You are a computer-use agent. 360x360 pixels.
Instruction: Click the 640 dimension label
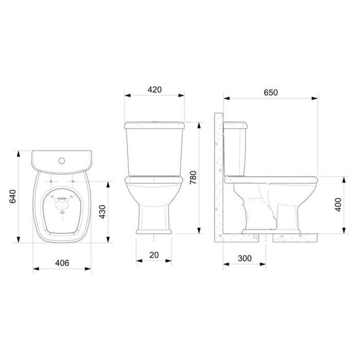tap(13, 196)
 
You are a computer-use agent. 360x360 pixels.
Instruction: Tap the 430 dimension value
tap(102, 212)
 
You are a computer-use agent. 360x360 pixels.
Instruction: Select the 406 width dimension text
tap(62, 263)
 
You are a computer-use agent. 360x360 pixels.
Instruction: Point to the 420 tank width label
tap(154, 89)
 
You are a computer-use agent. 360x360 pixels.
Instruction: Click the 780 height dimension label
tap(193, 177)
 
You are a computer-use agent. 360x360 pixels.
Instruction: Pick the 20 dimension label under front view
tap(154, 255)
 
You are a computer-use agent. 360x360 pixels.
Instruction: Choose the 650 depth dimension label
tap(271, 93)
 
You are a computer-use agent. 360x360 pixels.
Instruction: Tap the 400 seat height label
tap(338, 205)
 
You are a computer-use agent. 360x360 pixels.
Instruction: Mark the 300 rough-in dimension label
tap(245, 258)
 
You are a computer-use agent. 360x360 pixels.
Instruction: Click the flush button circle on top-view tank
tap(62, 160)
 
